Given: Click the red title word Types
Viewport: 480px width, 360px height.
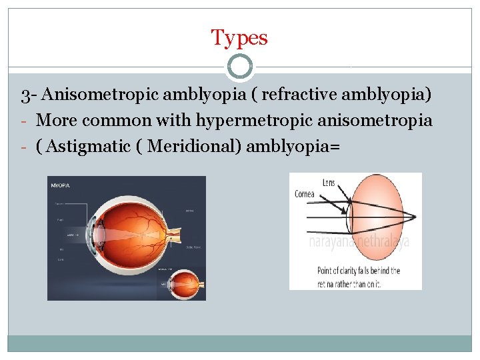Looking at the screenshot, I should pos(239,37).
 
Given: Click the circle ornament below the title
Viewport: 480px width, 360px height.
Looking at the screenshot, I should pos(239,67).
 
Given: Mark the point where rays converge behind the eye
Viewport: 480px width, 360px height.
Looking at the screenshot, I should pos(415,216).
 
